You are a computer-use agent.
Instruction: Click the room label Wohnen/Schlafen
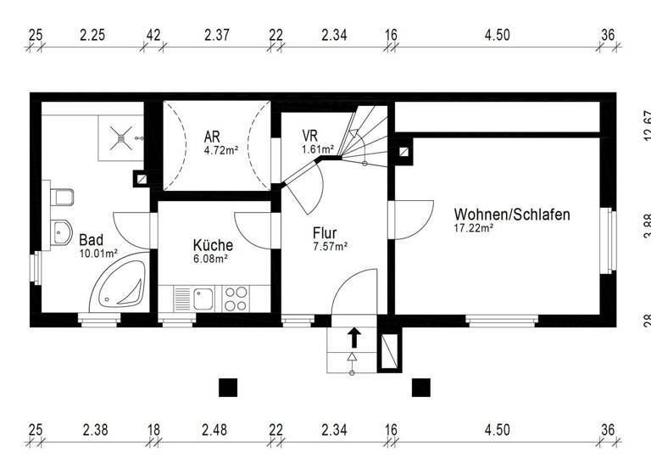[511, 215]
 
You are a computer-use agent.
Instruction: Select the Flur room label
[325, 232]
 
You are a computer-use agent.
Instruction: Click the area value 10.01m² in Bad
[98, 253]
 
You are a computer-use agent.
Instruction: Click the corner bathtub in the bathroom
[121, 286]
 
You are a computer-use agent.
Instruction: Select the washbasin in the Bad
[60, 230]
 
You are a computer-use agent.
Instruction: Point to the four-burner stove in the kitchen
[236, 299]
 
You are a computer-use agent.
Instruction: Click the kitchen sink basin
[203, 299]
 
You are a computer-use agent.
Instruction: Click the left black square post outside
[227, 387]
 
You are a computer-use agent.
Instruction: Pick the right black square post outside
[420, 387]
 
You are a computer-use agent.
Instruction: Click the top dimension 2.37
[217, 35]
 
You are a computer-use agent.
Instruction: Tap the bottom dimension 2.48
[214, 430]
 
